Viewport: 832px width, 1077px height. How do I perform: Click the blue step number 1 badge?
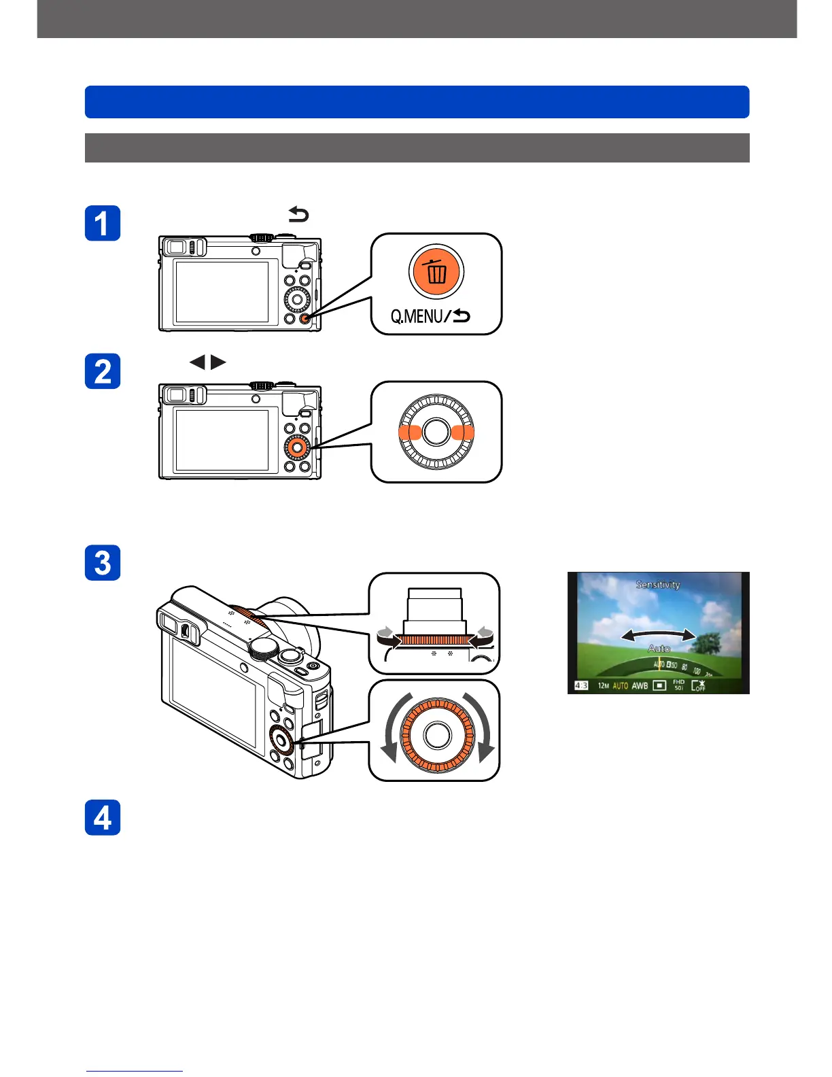pos(103,223)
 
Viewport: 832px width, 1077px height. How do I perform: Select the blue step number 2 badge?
pos(103,371)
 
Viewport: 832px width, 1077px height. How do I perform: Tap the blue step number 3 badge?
pos(103,562)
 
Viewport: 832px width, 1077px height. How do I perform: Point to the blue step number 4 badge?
pos(103,817)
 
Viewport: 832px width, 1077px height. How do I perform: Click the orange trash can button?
pos(436,272)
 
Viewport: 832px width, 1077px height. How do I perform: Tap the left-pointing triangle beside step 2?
pos(197,362)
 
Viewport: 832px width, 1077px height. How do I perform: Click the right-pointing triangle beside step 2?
pos(218,362)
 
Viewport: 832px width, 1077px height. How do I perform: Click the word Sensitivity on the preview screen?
pos(658,584)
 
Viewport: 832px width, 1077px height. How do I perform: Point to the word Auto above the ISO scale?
pos(659,649)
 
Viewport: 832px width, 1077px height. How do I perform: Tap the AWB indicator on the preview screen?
pos(640,685)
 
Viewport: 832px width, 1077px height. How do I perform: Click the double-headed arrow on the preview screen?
pos(659,635)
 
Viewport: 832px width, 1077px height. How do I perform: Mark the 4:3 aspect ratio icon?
pos(581,685)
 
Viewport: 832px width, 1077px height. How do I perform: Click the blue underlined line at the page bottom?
pos(135,1072)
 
